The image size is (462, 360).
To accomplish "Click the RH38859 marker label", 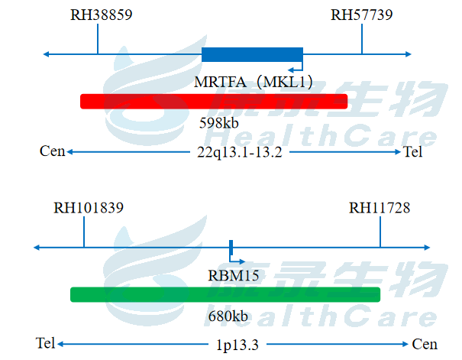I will click(101, 15).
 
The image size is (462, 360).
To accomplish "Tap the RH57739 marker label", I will click(362, 15).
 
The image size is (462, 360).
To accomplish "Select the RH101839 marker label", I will click(89, 208).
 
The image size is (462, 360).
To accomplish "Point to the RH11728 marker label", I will click(380, 208).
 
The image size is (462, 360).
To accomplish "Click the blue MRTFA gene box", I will click(252, 54).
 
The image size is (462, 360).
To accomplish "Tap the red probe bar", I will click(214, 101).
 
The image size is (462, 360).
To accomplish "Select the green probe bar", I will click(225, 294).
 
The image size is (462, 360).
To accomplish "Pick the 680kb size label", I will click(228, 316).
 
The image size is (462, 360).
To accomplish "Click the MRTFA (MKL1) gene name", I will click(254, 82).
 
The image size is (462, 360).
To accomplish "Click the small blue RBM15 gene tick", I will click(231, 247).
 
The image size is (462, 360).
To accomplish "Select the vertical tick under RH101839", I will click(84, 234).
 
